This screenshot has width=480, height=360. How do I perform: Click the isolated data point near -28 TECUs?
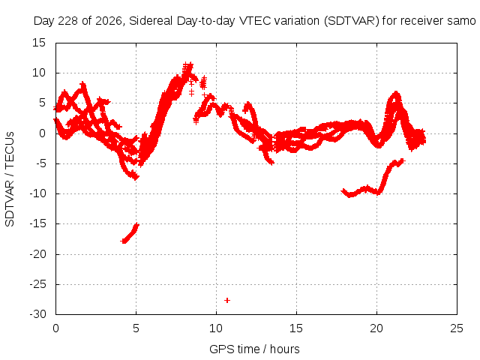pyautogui.click(x=227, y=300)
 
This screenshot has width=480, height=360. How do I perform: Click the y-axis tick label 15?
pyautogui.click(x=39, y=43)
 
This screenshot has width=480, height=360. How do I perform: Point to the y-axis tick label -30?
pyautogui.click(x=37, y=314)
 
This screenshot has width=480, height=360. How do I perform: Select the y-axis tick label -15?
pyautogui.click(x=37, y=223)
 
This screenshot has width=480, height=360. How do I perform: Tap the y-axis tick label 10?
pyautogui.click(x=39, y=73)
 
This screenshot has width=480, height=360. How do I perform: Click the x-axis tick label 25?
pyautogui.click(x=457, y=328)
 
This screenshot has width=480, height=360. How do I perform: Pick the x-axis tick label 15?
pyautogui.click(x=296, y=328)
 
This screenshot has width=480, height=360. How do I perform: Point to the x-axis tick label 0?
pyautogui.click(x=55, y=328)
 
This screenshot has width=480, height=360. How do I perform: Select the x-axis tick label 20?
pyautogui.click(x=376, y=328)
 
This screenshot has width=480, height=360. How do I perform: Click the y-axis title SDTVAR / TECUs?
pyautogui.click(x=10, y=179)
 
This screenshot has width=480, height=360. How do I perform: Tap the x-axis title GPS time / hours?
pyautogui.click(x=254, y=349)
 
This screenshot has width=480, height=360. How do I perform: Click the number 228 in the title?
pyautogui.click(x=67, y=21)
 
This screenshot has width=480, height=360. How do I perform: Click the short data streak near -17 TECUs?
pyautogui.click(x=130, y=233)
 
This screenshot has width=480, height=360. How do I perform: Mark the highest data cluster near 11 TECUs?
pyautogui.click(x=187, y=68)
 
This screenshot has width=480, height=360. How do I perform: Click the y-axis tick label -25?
pyautogui.click(x=37, y=284)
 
